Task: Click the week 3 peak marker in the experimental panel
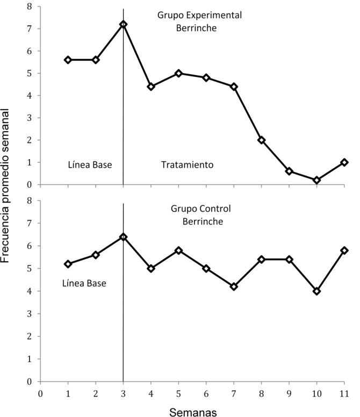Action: pos(123,24)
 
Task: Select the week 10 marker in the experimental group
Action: pos(316,181)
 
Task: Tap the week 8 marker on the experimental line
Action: pos(261,140)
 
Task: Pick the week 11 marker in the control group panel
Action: pos(344,250)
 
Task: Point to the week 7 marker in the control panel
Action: pos(234,287)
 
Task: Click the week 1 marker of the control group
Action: pos(68,264)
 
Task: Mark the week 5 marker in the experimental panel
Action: pos(178,73)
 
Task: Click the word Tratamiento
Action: pos(188,166)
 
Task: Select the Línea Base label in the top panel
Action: pos(90,165)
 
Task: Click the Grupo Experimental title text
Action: pos(199,15)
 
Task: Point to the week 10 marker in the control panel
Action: pos(316,291)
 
